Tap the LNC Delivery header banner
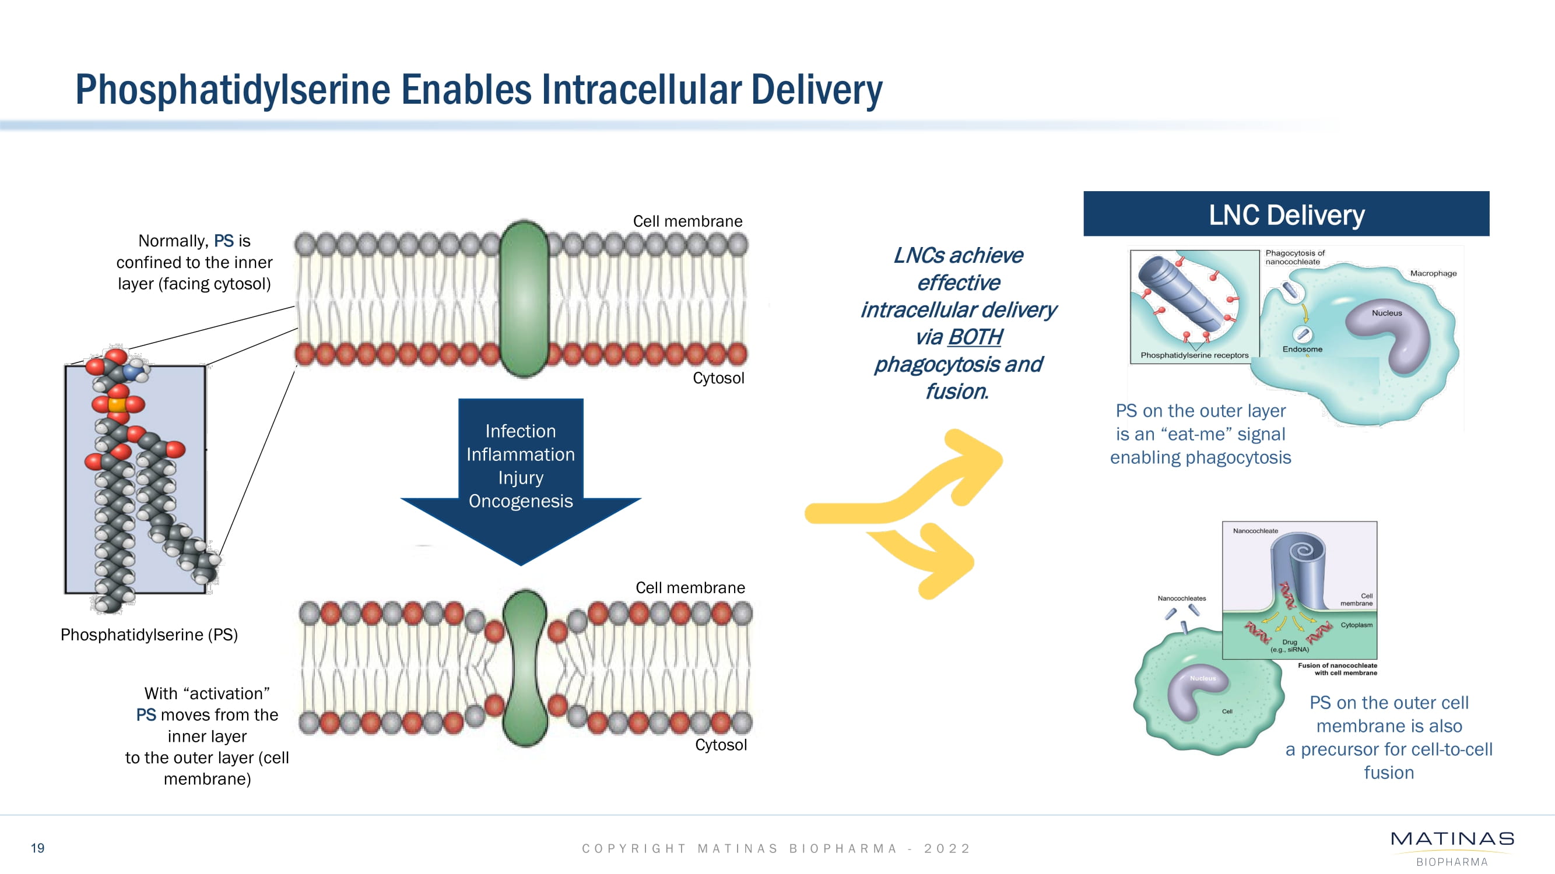pyautogui.click(x=1286, y=214)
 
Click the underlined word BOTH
pyautogui.click(x=974, y=337)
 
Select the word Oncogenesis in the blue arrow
pyautogui.click(x=520, y=501)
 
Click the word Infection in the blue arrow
pyautogui.click(x=520, y=431)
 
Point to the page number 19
pyautogui.click(x=37, y=847)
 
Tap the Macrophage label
pyautogui.click(x=1433, y=273)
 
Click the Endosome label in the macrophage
pyautogui.click(x=1302, y=349)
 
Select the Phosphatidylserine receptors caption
pyautogui.click(x=1194, y=355)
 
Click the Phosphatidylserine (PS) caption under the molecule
pyautogui.click(x=149, y=635)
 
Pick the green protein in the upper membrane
pyautogui.click(x=524, y=298)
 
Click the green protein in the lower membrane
pyautogui.click(x=525, y=668)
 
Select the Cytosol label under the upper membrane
pyautogui.click(x=718, y=378)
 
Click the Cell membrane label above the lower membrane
pyautogui.click(x=690, y=587)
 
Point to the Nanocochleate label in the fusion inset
pyautogui.click(x=1255, y=531)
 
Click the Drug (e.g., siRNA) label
pyautogui.click(x=1289, y=646)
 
